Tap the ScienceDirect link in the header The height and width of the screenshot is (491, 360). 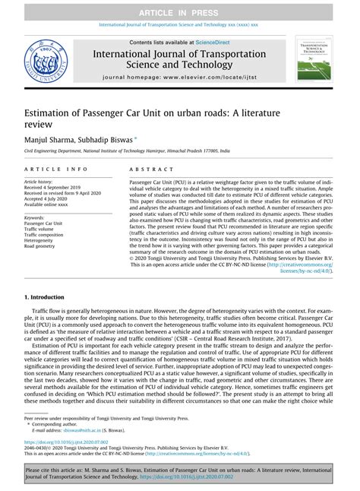click(216, 43)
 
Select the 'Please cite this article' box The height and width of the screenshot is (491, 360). click(180, 474)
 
